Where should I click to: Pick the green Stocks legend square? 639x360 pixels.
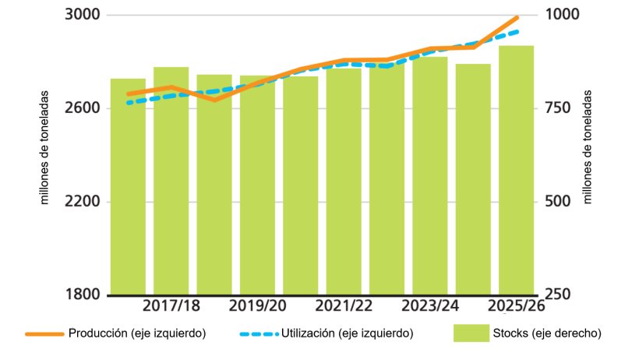pyautogui.click(x=470, y=334)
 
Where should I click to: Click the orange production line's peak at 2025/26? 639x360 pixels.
pyautogui.click(x=516, y=17)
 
